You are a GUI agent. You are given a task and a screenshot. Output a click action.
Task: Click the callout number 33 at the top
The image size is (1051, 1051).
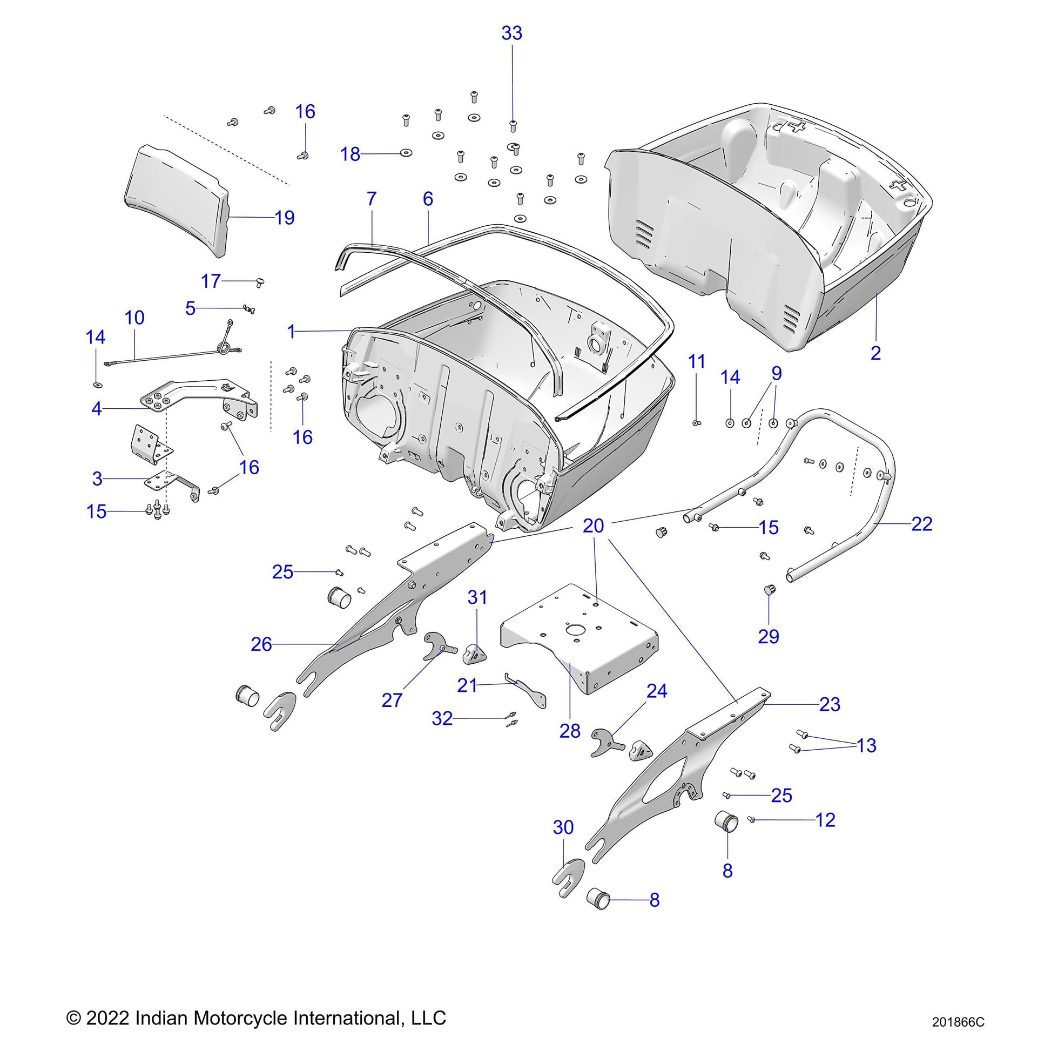511,33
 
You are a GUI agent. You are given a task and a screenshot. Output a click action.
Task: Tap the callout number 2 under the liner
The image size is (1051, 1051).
875,353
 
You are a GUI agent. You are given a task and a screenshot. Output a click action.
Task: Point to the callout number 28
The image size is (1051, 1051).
570,731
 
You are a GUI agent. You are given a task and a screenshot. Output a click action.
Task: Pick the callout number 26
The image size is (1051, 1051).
261,644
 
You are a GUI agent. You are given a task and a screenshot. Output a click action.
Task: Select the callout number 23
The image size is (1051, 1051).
830,704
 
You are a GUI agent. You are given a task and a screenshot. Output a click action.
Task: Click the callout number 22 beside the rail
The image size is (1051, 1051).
921,524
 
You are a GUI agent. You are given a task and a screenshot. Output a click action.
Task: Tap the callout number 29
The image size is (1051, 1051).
768,636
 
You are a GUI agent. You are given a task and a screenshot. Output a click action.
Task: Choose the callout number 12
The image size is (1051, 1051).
825,819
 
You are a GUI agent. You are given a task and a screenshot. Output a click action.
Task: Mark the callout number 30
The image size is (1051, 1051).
563,827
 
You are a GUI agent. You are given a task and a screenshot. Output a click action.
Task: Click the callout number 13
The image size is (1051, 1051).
867,745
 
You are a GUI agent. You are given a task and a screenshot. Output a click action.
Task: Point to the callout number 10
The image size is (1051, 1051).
134,318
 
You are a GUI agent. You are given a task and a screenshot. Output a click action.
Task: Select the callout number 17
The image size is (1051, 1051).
211,281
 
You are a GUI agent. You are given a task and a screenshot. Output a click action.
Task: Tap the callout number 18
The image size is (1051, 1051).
351,154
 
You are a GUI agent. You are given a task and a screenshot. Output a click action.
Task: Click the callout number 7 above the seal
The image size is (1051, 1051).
372,199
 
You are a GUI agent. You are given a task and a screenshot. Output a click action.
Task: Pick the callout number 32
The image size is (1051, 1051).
442,719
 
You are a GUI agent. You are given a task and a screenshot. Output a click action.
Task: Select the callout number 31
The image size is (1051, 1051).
477,597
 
